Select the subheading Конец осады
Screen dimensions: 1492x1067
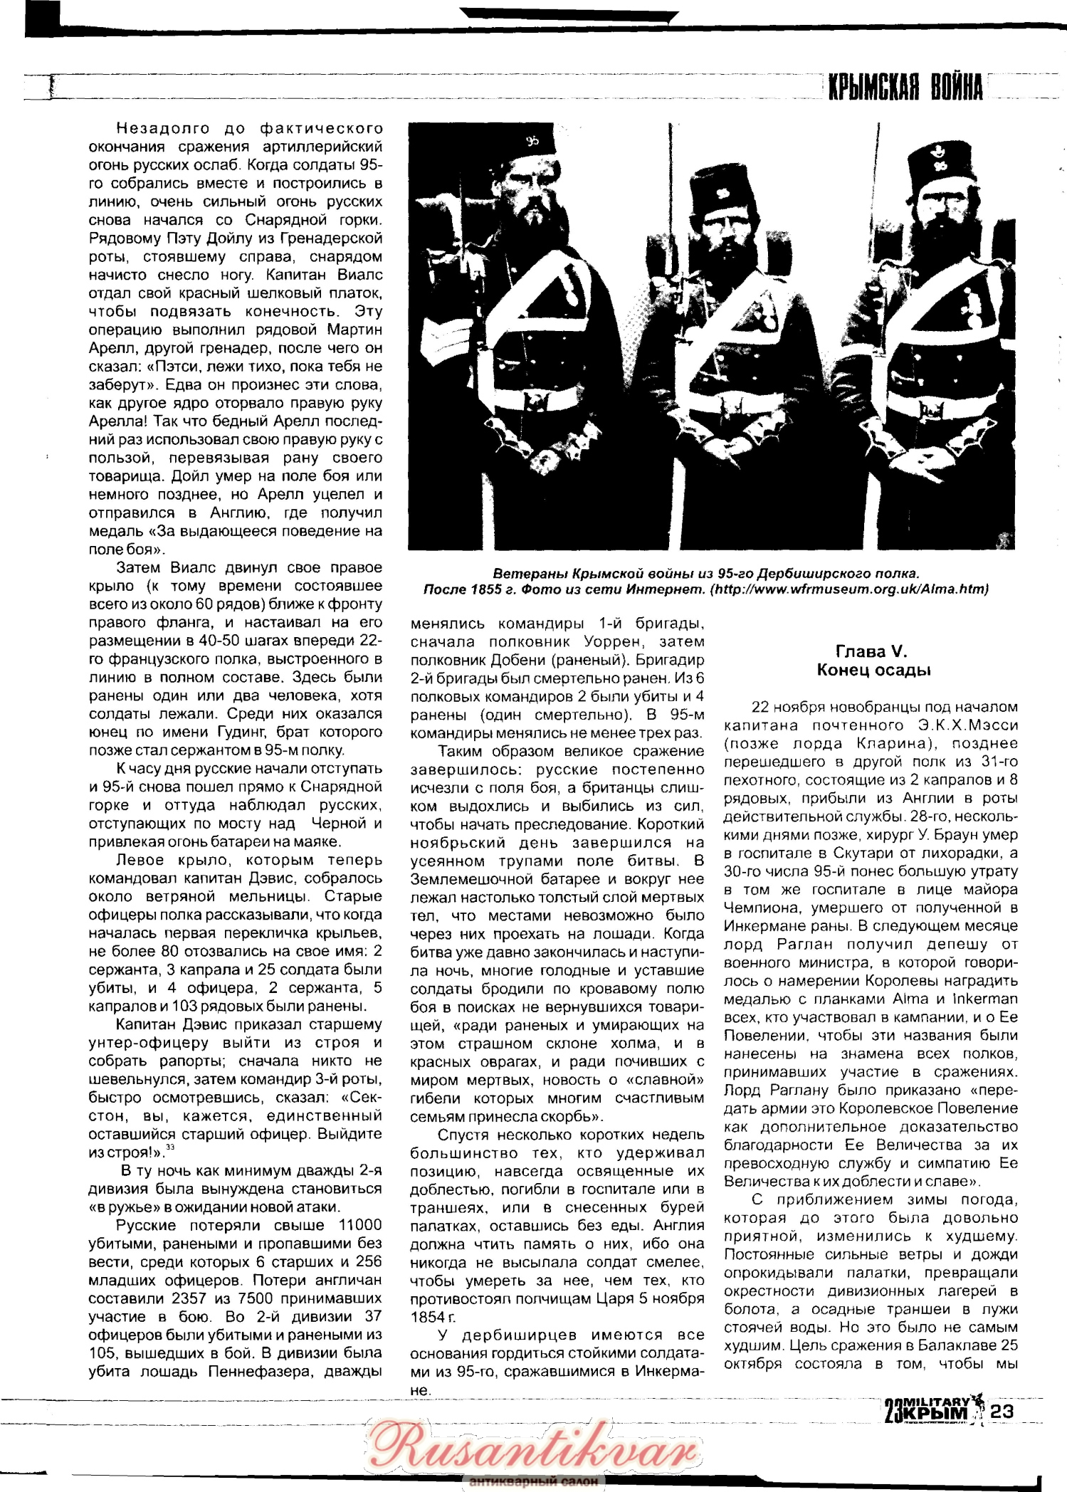[x=873, y=670]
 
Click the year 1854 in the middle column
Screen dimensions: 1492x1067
[x=425, y=1317]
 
